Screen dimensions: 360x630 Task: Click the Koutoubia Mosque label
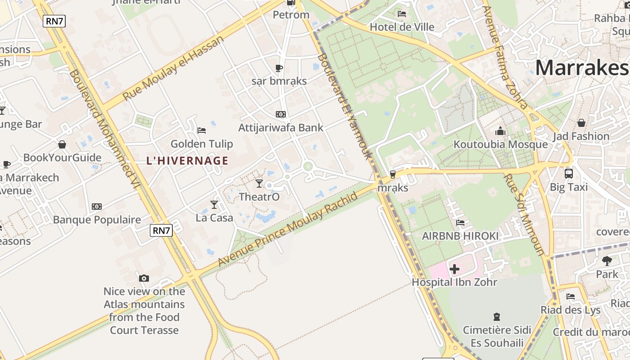(500, 144)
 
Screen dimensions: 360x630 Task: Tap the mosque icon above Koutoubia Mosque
(500, 131)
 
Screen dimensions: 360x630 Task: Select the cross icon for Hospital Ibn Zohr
(454, 269)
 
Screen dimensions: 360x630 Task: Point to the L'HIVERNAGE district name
(188, 161)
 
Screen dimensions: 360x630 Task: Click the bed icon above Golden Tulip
(202, 130)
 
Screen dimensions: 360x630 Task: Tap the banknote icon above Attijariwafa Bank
(281, 114)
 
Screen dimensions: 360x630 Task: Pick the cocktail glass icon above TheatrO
(259, 184)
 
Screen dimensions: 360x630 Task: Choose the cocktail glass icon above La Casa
(214, 205)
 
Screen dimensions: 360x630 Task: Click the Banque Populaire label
(97, 220)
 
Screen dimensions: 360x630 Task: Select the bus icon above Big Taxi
(569, 173)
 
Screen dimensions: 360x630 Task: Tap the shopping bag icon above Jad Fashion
(581, 122)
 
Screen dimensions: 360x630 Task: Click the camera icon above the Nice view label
(144, 278)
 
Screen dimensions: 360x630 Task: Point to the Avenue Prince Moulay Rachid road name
(288, 229)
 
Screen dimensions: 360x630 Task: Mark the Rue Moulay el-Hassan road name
(173, 68)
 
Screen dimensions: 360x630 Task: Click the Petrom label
(291, 15)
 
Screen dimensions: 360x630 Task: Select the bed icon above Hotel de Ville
(402, 14)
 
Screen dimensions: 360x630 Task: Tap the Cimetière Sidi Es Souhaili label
(497, 337)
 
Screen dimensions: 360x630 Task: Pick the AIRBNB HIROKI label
(460, 236)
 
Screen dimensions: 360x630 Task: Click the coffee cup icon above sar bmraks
(279, 68)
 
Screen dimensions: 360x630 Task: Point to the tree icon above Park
(607, 261)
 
